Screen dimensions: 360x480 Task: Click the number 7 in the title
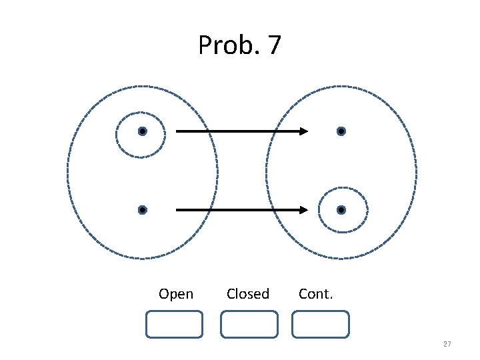tap(274, 45)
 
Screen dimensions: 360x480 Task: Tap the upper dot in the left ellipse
tap(142, 131)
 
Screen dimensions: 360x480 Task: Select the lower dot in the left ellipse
tap(142, 210)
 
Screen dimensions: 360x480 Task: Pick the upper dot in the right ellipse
tap(341, 131)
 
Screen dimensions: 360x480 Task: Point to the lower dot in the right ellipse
tap(341, 210)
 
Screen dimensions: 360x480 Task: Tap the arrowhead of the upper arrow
tap(303, 131)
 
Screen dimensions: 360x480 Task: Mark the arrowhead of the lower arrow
tap(303, 210)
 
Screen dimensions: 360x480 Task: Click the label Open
tap(176, 294)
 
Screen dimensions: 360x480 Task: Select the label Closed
tap(248, 294)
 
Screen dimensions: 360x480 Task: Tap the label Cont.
tap(315, 294)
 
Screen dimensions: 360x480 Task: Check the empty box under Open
tap(174, 324)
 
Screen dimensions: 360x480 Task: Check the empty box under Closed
tap(249, 324)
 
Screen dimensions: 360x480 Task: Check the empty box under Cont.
tap(321, 324)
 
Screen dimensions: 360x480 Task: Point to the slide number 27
tap(447, 344)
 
